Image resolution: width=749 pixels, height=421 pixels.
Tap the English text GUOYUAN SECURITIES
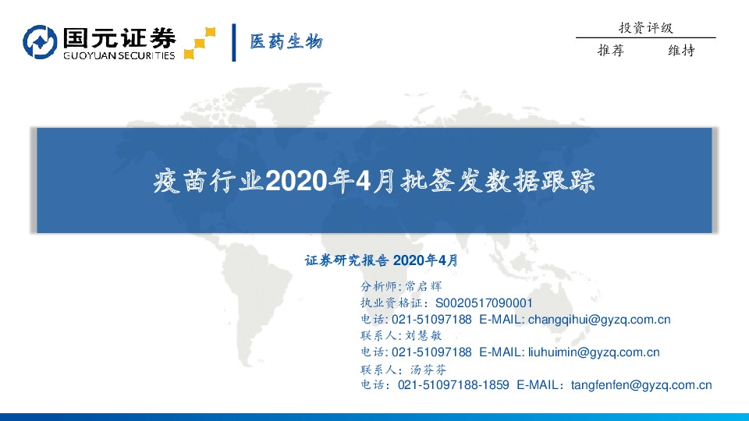click(118, 55)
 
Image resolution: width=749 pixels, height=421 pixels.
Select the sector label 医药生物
click(286, 42)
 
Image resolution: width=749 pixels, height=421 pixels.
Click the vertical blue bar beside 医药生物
click(233, 42)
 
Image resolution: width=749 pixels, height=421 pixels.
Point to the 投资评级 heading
click(645, 27)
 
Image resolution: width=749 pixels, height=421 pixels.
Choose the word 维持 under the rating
click(681, 51)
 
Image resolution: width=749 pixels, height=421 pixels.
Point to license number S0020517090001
click(484, 302)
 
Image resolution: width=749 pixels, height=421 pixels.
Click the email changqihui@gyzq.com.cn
click(599, 320)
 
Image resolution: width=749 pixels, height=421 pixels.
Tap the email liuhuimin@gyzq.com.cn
click(594, 352)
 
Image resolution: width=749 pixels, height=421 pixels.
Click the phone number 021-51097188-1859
click(453, 385)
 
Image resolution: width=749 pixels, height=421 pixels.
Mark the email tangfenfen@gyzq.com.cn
click(641, 385)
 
